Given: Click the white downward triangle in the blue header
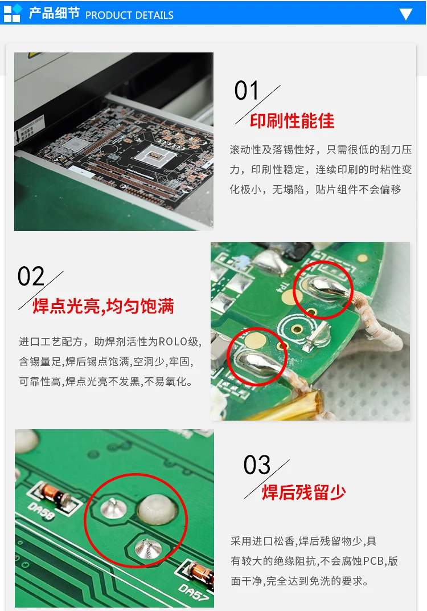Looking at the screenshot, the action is pos(405,14).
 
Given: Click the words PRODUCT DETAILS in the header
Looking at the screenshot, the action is pos(129,15).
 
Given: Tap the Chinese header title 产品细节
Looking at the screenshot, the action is pos(54,13).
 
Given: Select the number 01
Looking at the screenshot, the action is pos(247,91).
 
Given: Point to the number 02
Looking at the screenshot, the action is pos(31,276).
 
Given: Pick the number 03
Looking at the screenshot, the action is pos(257,465).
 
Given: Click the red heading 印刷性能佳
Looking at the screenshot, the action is pos(292,121).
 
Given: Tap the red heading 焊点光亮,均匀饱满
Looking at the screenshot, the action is pos(103,306).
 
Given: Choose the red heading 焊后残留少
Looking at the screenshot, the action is pos(304,492).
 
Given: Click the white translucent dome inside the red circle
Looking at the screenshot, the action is pos(157,509).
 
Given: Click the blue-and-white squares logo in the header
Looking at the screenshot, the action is pos(13,13).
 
